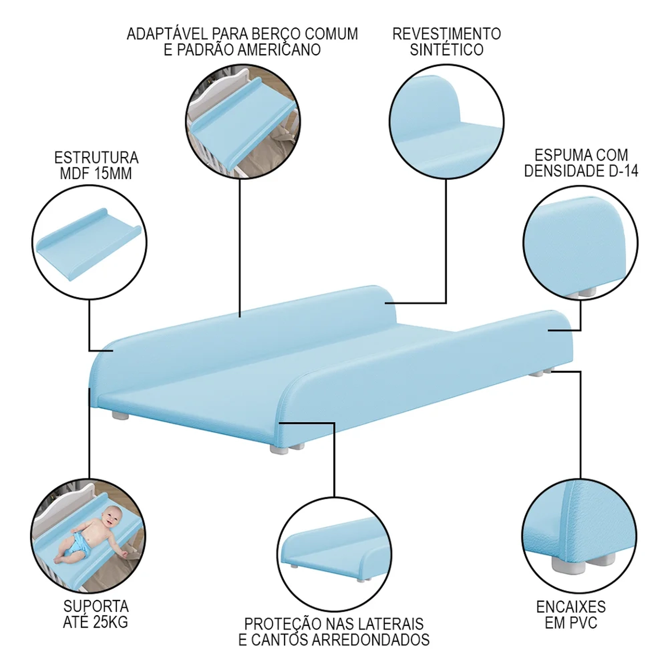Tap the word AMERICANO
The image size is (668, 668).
tap(279, 50)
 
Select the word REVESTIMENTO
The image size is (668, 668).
tap(447, 34)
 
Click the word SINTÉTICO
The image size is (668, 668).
tap(447, 49)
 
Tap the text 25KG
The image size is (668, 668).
tap(110, 622)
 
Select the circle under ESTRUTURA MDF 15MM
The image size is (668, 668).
tap(89, 243)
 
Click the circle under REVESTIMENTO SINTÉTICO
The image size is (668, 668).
tap(447, 122)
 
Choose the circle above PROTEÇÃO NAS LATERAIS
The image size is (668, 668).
tap(334, 554)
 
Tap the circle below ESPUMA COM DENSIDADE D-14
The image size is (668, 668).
tap(580, 243)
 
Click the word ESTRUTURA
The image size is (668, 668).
tap(96, 158)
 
